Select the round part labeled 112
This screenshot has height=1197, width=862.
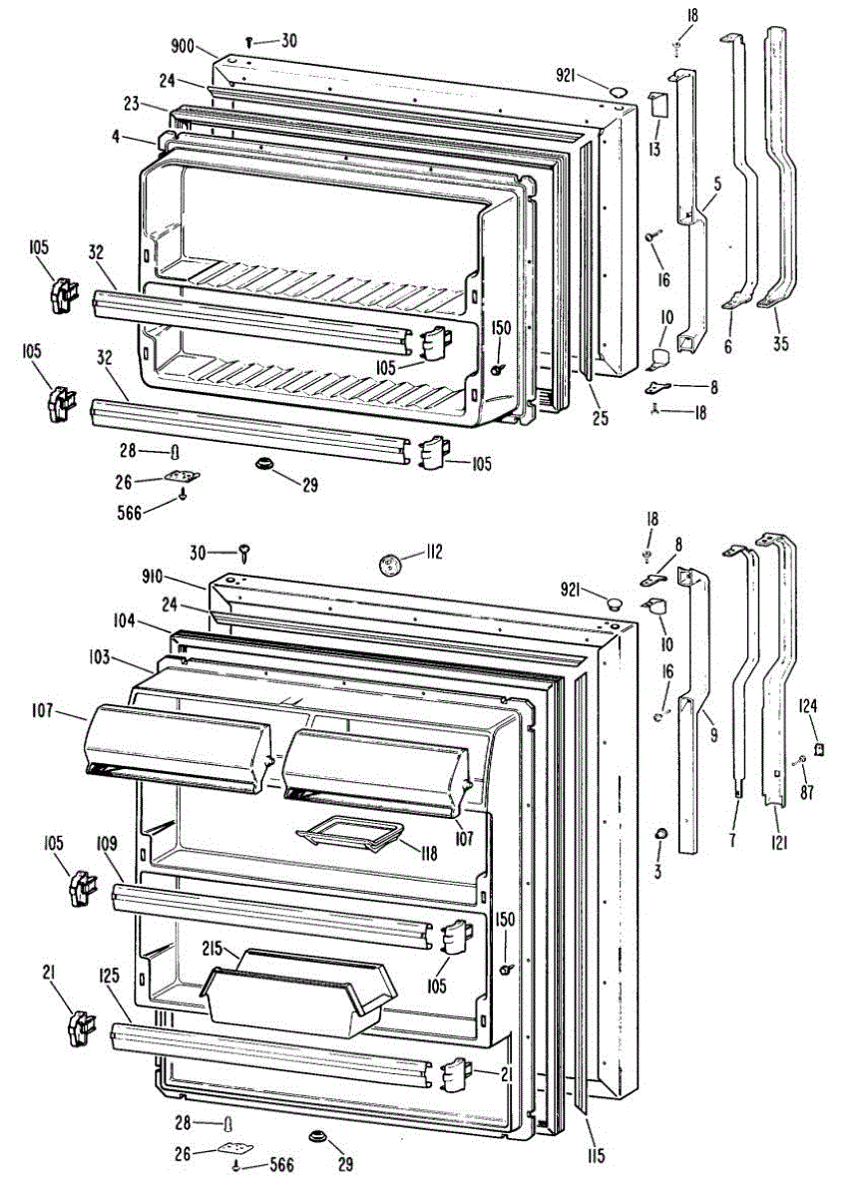[x=390, y=566]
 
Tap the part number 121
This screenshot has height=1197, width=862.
[x=779, y=843]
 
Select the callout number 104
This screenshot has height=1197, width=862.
[x=124, y=620]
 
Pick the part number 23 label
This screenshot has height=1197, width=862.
[x=131, y=102]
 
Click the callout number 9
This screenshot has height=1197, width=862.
[x=710, y=716]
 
